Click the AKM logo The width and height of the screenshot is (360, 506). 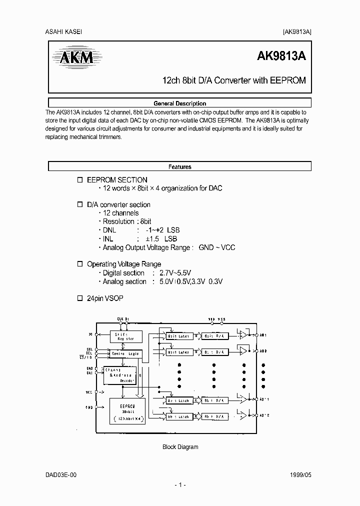[73, 58]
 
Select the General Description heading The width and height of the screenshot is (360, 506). [179, 103]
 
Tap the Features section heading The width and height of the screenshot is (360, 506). [179, 167]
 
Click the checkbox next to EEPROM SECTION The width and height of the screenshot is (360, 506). [79, 180]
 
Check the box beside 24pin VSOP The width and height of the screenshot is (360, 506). [79, 298]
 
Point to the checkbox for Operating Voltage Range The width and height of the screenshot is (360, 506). [79, 264]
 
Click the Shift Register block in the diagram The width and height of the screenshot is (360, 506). [125, 336]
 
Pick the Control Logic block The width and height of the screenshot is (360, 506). [125, 354]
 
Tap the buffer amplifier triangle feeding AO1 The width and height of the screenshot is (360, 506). [242, 334]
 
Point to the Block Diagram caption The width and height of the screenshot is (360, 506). [180, 447]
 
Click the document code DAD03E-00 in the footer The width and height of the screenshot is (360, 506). [61, 474]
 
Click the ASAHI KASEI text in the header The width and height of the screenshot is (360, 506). [64, 31]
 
